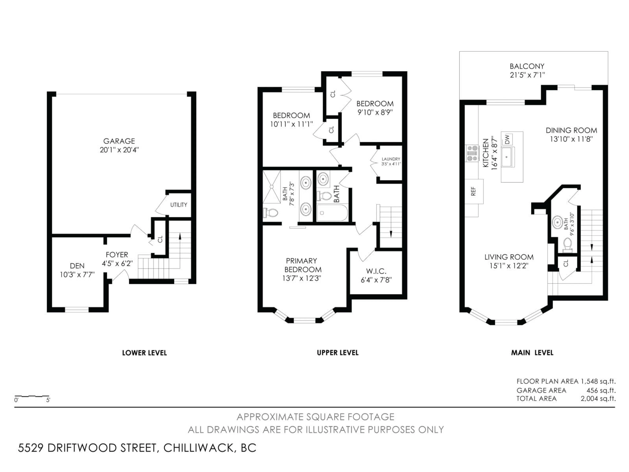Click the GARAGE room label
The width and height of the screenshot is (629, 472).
119,141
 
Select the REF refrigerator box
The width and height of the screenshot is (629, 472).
473,191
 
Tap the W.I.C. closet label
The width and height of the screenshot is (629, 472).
376,271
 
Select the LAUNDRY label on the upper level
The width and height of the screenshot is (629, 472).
391,159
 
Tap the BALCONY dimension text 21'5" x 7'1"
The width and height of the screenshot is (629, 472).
527,75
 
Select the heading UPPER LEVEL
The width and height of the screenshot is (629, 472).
338,353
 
